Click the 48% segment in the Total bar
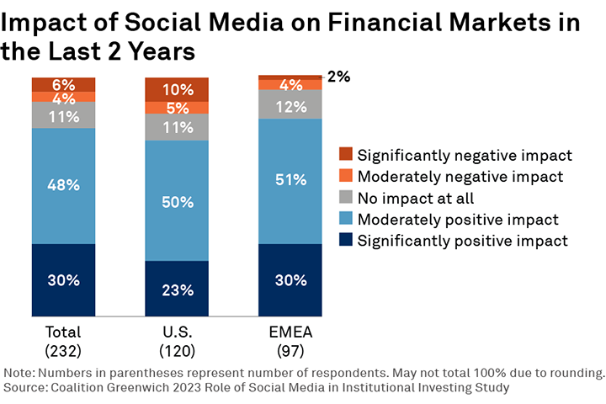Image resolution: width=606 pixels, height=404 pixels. tap(63, 185)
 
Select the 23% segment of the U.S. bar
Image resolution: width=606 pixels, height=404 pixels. tap(177, 290)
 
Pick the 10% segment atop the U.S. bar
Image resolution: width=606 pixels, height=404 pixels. tap(177, 89)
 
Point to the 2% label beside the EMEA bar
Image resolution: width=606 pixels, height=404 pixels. tap(338, 77)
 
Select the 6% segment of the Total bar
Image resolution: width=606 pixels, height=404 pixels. tap(63, 84)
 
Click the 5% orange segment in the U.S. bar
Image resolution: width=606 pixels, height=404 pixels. tap(177, 108)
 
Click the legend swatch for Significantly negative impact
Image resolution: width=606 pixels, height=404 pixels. tap(344, 155)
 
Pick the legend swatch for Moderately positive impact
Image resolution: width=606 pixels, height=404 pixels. tap(344, 220)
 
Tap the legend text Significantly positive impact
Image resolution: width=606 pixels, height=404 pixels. tap(464, 241)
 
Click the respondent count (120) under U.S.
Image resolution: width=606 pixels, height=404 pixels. tap(177, 349)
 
